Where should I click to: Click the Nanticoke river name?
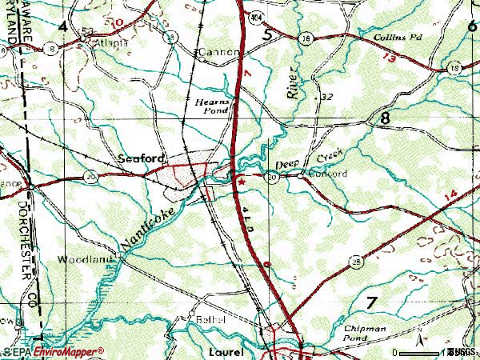(145, 226)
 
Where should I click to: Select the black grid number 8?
(387, 118)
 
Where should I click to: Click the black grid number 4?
(62, 26)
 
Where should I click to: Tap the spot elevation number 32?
(326, 97)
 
